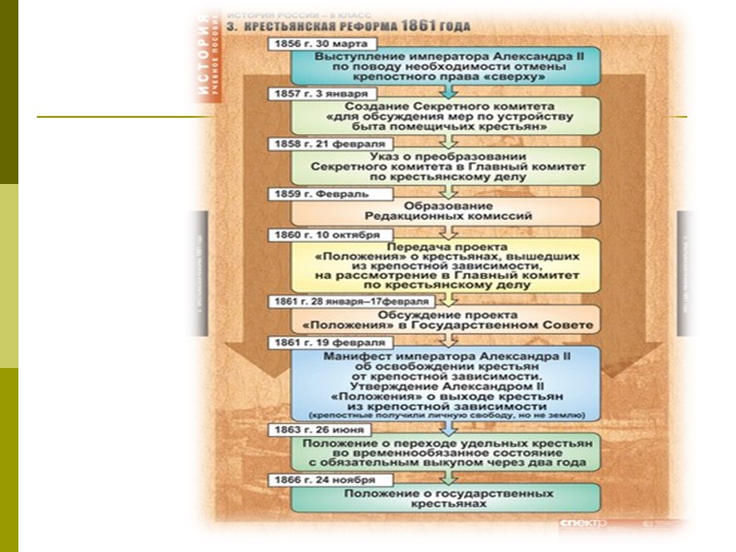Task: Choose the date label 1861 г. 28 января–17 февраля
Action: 348,301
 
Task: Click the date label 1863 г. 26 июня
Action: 314,430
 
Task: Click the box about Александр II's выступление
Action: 445,66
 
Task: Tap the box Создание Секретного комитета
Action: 445,118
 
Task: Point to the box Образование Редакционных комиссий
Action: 445,211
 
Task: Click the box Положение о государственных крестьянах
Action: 445,500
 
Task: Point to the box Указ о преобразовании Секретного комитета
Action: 445,167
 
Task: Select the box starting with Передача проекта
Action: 445,266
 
